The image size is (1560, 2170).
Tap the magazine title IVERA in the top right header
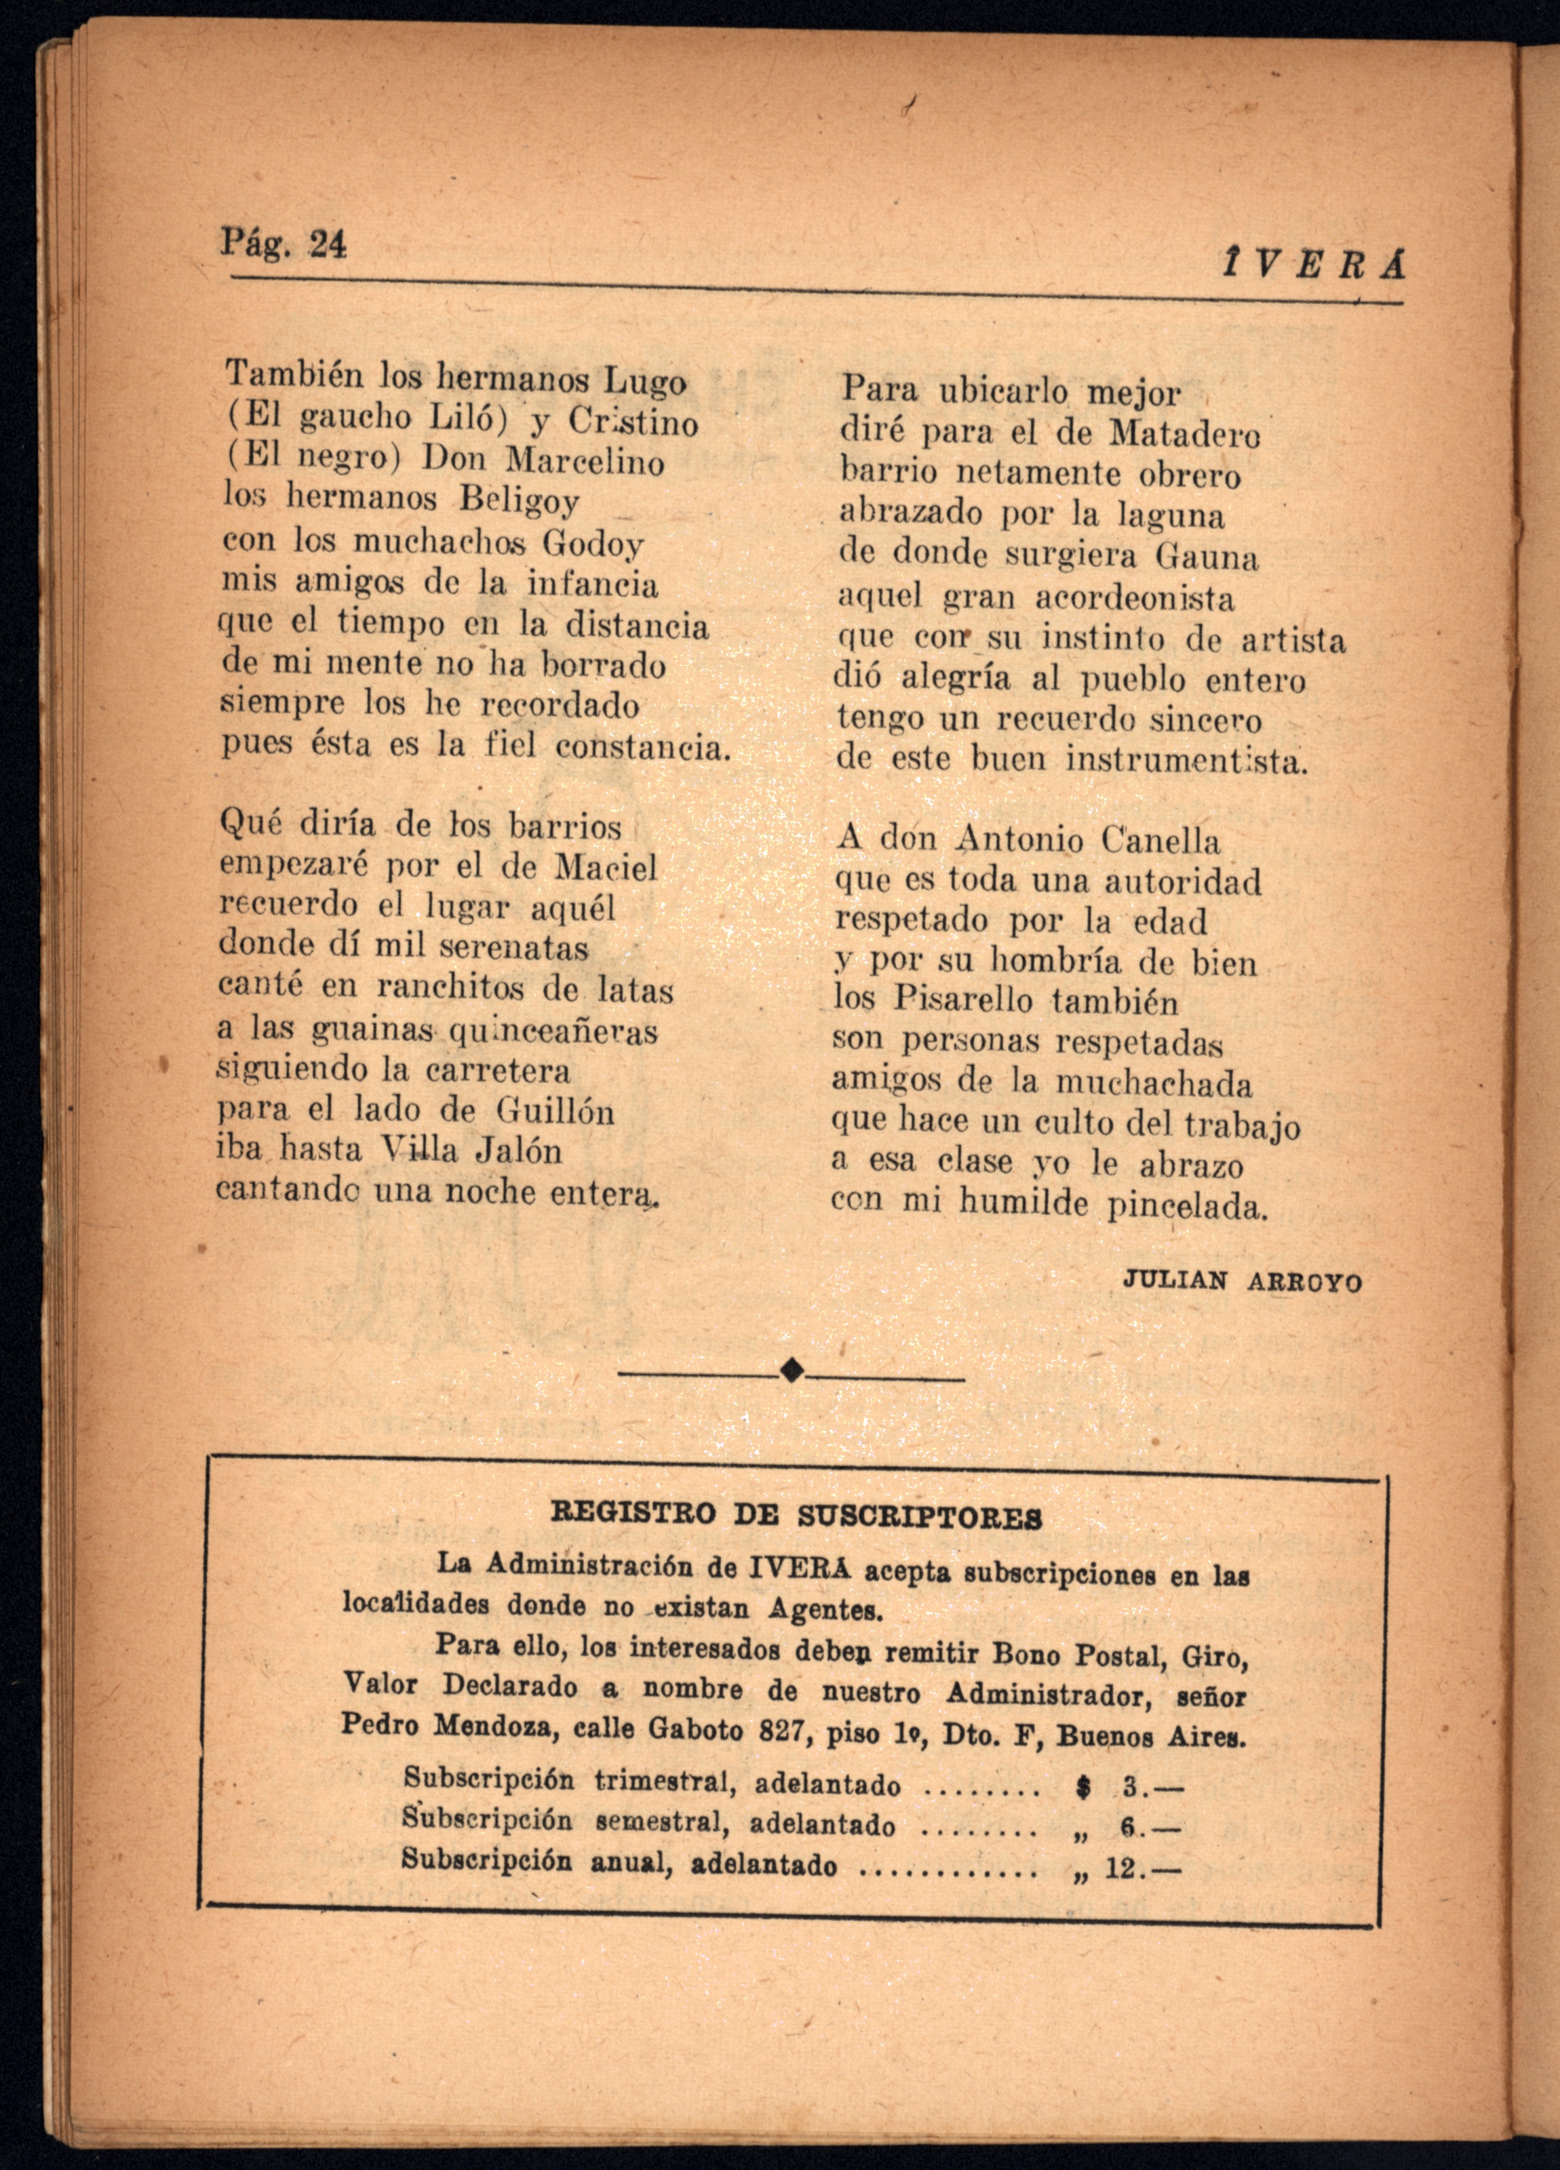tap(1313, 264)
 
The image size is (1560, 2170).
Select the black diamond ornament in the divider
tap(792, 1370)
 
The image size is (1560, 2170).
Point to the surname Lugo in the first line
tap(644, 381)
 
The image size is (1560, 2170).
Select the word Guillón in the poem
tap(555, 1111)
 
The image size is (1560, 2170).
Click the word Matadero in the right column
tap(1185, 435)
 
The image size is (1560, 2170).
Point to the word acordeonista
tap(1135, 599)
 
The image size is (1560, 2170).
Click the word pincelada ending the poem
tap(1187, 1206)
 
